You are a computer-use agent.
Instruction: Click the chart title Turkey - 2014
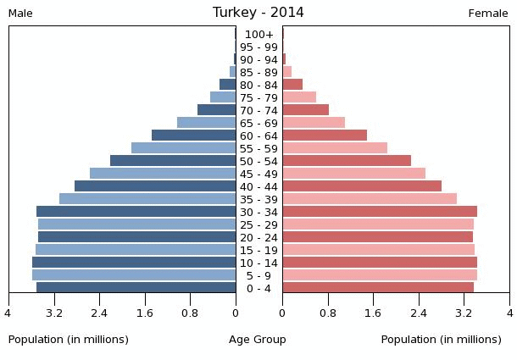pos(258,13)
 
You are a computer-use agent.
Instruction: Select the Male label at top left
pos(20,14)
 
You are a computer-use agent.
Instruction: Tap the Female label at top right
pos(488,14)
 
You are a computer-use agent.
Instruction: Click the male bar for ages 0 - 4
pos(136,288)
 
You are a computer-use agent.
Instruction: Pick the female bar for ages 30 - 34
pos(380,212)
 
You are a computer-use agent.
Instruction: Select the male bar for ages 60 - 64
pos(194,136)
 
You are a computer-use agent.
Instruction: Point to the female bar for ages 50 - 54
pos(347,161)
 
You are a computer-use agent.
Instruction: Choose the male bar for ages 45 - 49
pos(163,174)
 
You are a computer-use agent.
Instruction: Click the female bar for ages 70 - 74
pos(305,110)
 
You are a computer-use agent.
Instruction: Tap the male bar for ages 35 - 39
pos(147,199)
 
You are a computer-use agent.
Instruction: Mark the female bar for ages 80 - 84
pos(292,85)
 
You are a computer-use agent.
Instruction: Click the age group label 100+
pos(258,35)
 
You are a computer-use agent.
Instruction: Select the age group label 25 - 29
pos(258,224)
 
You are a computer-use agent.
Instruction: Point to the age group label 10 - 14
pos(258,263)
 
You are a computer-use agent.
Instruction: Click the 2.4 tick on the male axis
pos(99,313)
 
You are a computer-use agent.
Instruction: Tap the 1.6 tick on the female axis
pos(373,313)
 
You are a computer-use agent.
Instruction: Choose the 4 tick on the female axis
pos(509,313)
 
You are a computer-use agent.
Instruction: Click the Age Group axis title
pos(258,340)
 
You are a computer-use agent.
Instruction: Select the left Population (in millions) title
pos(69,340)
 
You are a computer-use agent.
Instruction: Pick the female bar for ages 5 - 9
pos(380,275)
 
